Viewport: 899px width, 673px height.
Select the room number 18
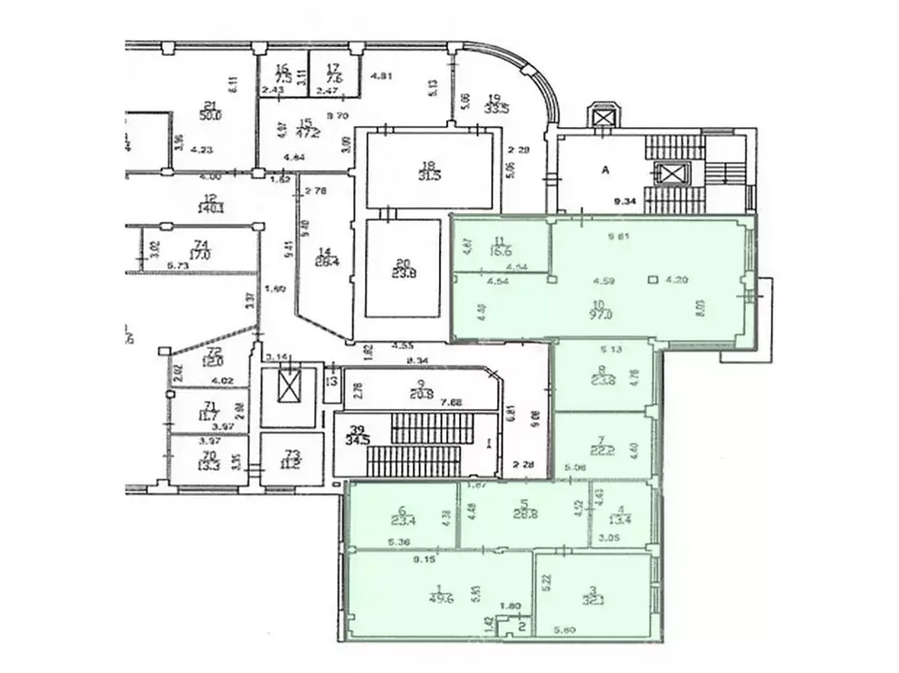coord(428,164)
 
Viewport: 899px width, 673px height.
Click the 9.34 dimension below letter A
coord(625,201)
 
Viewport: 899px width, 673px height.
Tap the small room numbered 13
coord(330,382)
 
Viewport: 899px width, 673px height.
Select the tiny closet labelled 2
coord(521,626)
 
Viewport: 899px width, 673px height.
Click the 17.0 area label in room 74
coord(202,256)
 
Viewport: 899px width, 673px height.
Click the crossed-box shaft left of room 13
coord(288,386)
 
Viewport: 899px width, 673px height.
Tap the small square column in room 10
coord(652,281)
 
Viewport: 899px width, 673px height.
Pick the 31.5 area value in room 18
coord(428,175)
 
